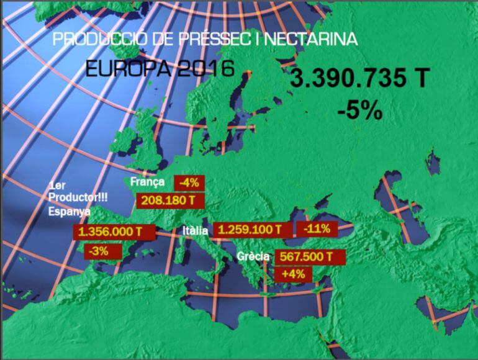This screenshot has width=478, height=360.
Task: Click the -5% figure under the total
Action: point(360,111)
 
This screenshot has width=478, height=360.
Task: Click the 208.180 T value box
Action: point(169,200)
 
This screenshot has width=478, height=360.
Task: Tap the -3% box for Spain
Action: point(99,252)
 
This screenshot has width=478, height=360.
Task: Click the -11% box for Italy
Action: point(316,228)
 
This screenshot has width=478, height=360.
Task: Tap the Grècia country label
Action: point(253,256)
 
